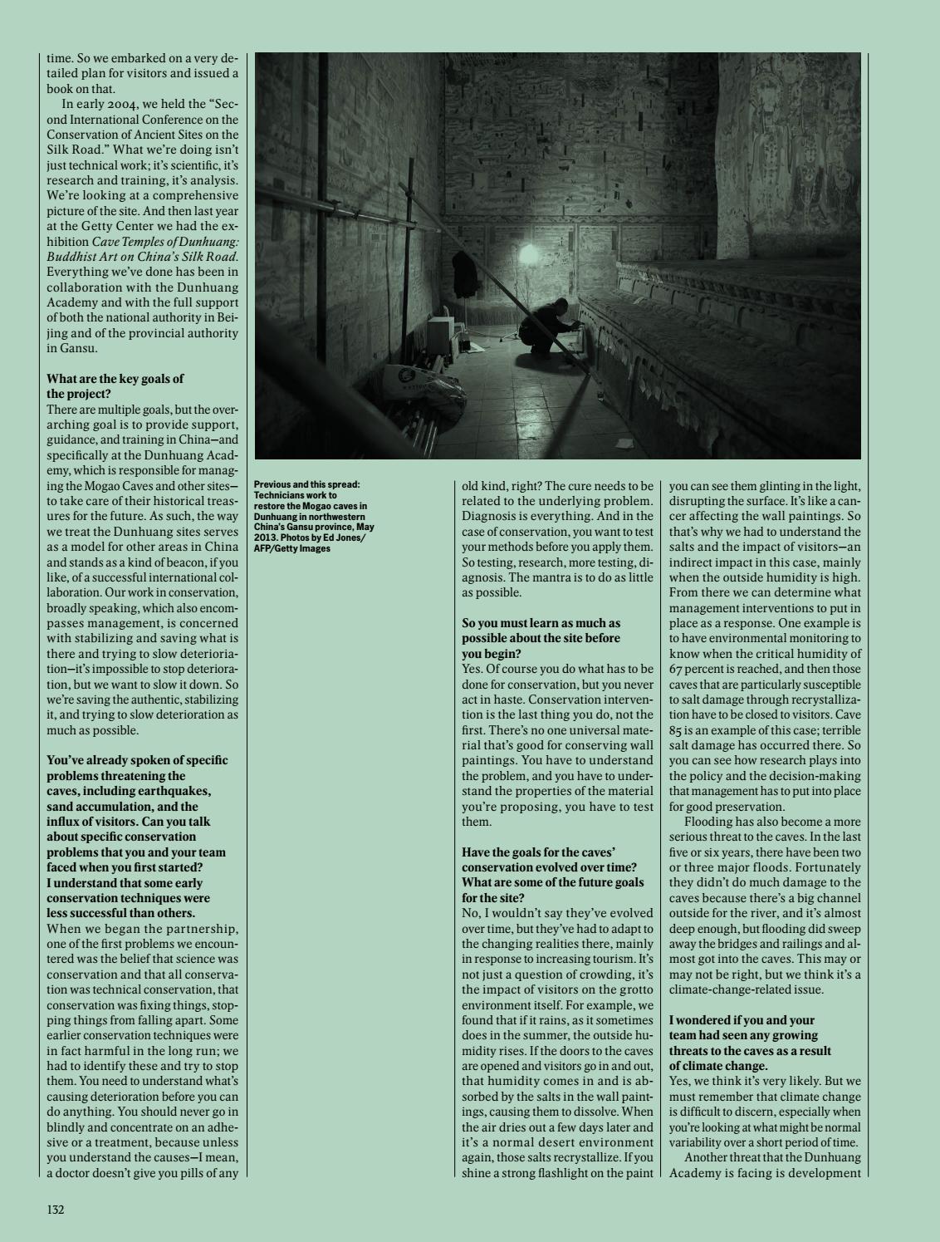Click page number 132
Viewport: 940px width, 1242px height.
click(55, 1210)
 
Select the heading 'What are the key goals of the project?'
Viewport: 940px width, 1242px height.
click(115, 386)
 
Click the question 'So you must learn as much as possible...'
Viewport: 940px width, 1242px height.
click(541, 637)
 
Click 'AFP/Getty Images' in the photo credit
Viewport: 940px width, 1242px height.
click(292, 548)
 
